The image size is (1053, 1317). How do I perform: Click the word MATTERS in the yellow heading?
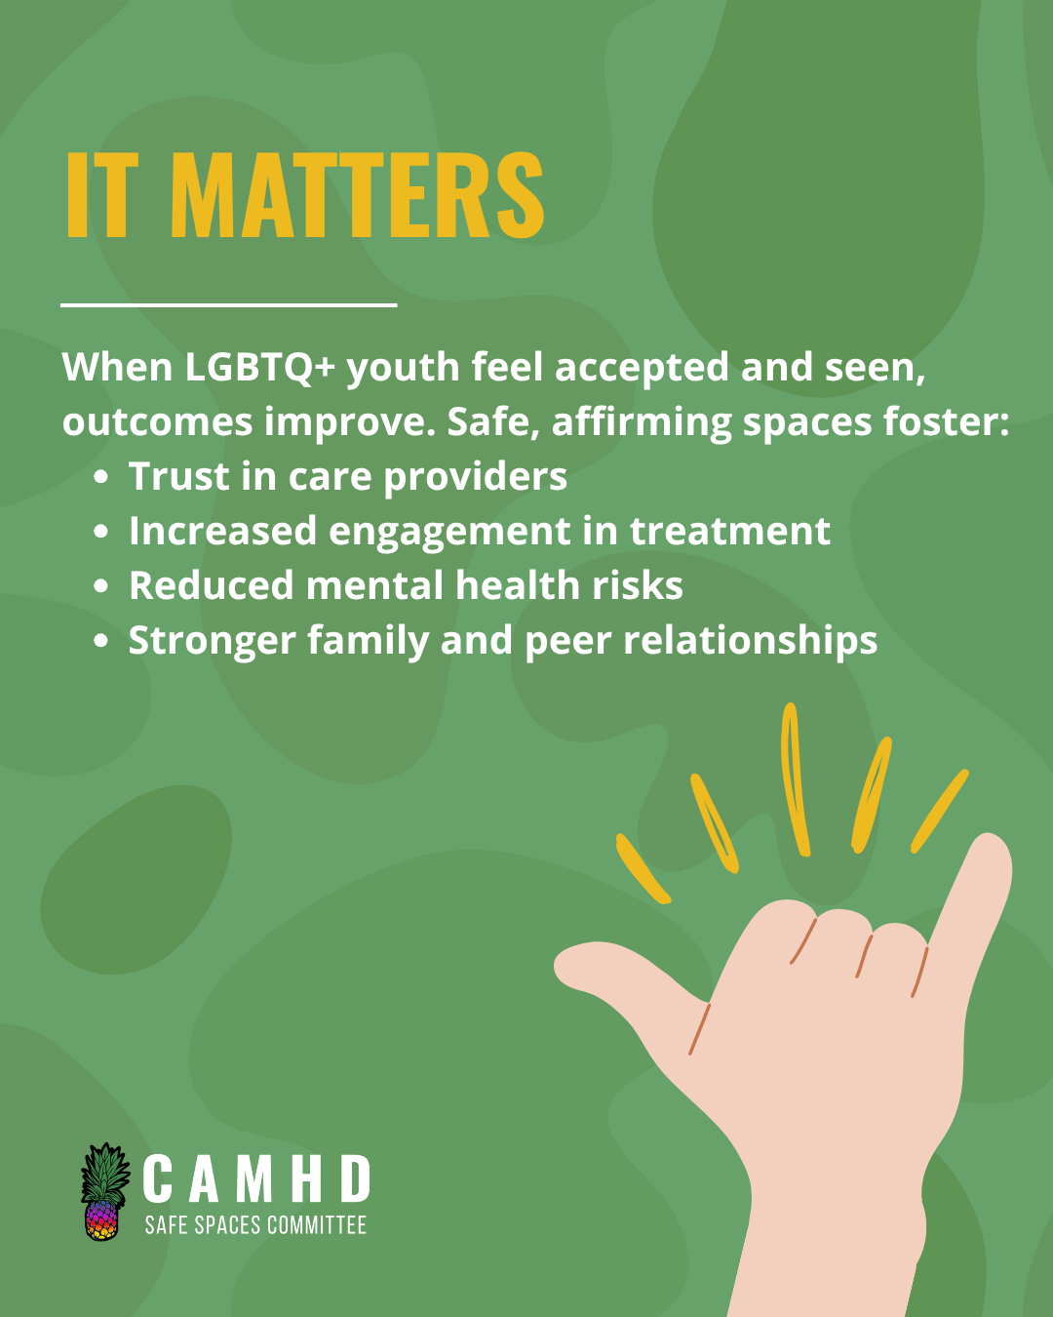tap(357, 194)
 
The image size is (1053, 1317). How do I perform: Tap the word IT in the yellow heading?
tap(102, 194)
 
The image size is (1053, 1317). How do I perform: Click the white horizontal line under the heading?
tap(229, 304)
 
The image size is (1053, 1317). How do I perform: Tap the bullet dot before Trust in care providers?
tap(101, 477)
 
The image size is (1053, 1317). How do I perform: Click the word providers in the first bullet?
tap(476, 478)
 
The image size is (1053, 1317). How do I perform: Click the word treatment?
tap(730, 532)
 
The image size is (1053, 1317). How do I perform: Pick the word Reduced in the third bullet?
tap(212, 585)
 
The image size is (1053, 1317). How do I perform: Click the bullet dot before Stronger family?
tap(101, 641)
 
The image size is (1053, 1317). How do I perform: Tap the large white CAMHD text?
tap(257, 1178)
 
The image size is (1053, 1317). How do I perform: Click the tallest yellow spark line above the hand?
tap(795, 779)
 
